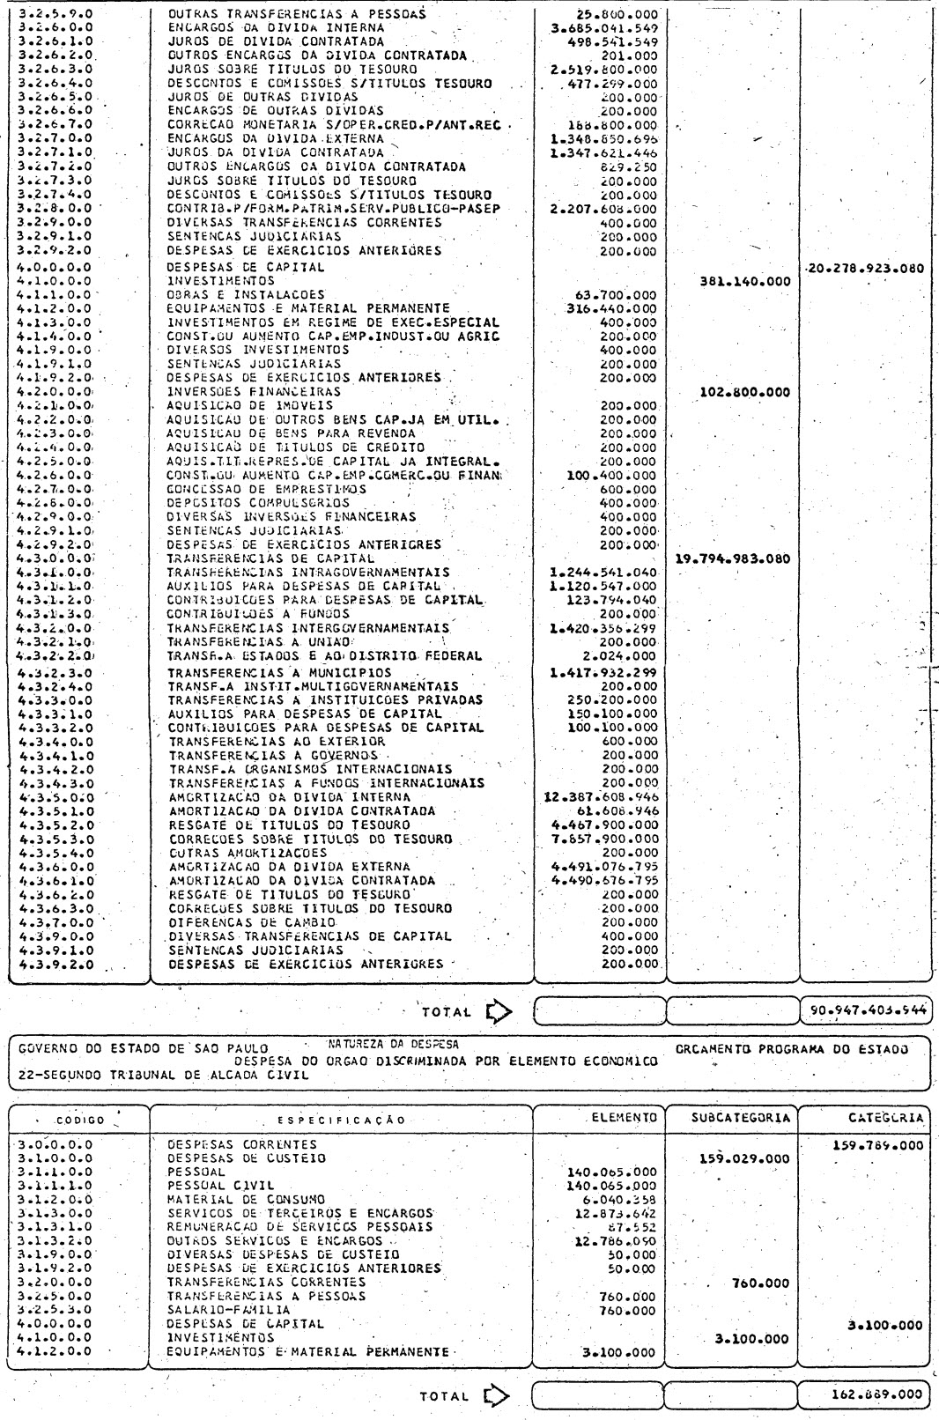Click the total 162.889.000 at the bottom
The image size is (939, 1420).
point(876,1394)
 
